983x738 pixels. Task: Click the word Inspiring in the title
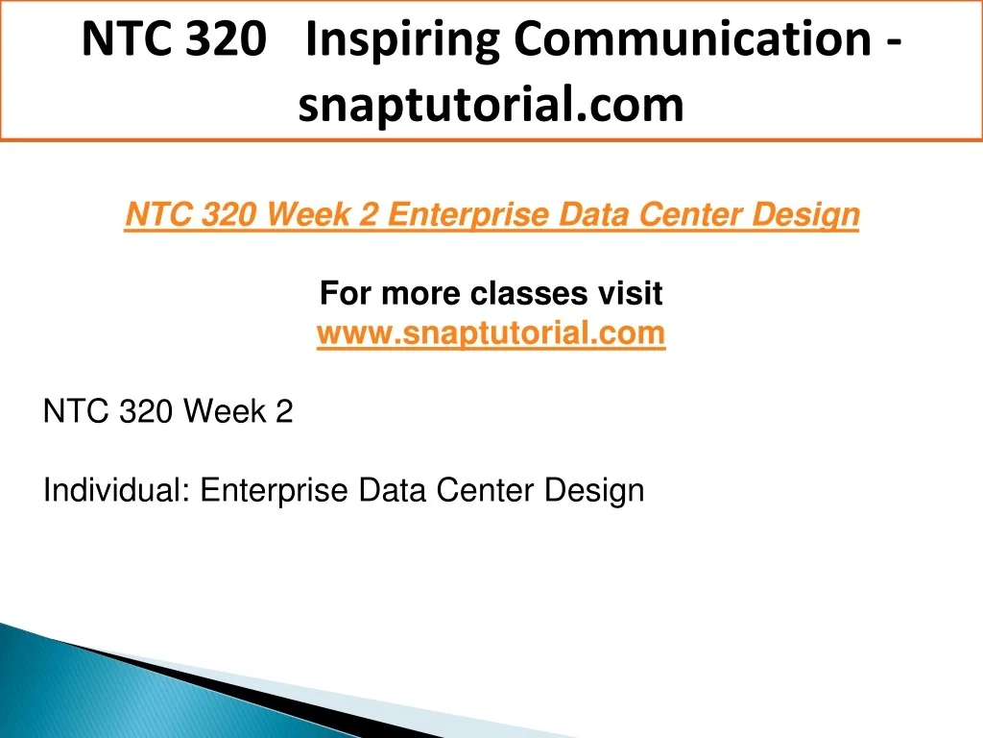pos(402,40)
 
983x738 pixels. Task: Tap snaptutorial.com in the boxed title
pos(491,105)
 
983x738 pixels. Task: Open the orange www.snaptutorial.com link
pos(491,332)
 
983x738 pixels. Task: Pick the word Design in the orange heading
pos(805,215)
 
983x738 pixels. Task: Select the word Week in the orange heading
pos(308,214)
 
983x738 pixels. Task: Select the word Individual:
pos(116,489)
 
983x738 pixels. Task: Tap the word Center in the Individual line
pos(485,489)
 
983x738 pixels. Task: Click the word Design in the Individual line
pos(594,491)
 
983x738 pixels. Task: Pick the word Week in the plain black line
pos(225,411)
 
